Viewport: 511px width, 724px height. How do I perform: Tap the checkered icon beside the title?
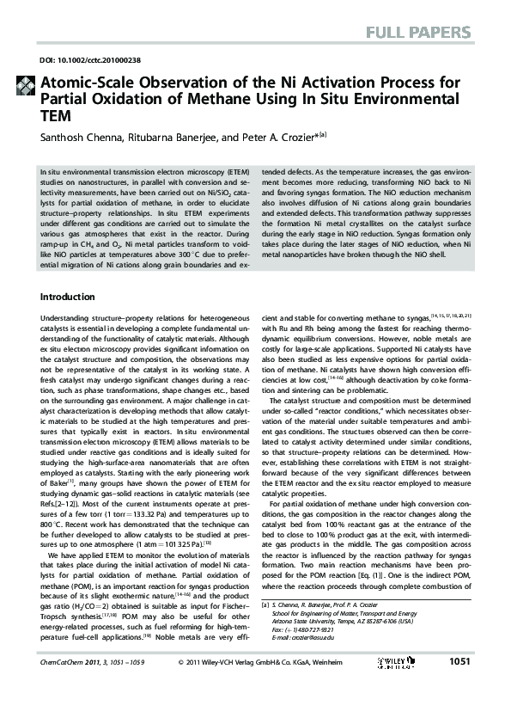tap(25, 84)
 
